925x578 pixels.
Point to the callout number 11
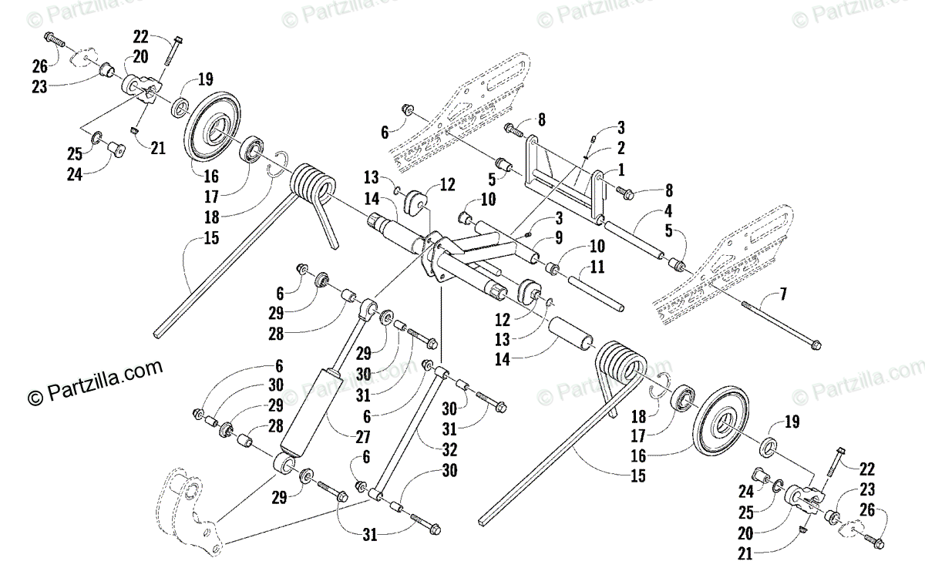(597, 267)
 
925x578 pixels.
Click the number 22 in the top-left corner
(140, 35)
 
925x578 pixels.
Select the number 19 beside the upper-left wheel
(204, 78)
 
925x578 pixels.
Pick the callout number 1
(621, 168)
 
